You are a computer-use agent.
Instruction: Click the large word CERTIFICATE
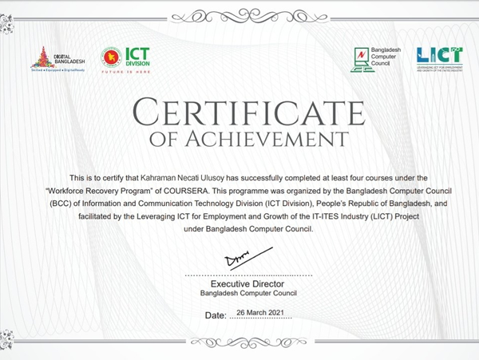point(239,113)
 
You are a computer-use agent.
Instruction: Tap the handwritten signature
point(237,259)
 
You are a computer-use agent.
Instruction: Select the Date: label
point(216,315)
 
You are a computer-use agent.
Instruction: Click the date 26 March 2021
point(261,314)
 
